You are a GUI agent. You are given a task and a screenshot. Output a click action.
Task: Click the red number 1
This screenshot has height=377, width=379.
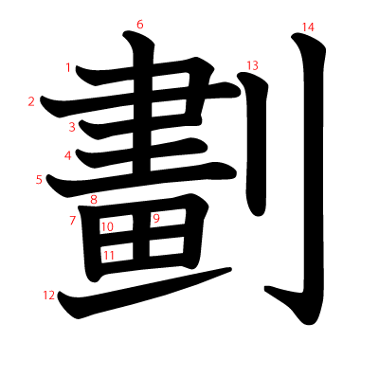tap(68, 67)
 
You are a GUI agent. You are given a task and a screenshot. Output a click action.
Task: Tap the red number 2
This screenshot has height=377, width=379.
tap(31, 101)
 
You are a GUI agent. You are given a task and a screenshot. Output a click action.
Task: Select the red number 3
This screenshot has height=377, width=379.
tap(72, 127)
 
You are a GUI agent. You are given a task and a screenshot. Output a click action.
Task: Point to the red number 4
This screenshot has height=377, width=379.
tap(68, 155)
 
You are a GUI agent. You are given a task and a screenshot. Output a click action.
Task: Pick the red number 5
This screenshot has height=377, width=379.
tap(39, 179)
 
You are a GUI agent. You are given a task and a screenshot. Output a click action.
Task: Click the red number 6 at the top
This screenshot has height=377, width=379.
tap(140, 24)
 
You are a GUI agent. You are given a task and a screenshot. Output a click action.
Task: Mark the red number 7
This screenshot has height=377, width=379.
tap(72, 221)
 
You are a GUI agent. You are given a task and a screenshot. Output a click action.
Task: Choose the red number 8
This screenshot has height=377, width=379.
tap(93, 199)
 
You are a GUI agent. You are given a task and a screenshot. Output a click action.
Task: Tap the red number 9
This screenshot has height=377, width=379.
tap(156, 219)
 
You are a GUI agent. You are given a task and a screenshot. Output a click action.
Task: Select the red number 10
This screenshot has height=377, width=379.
tap(107, 226)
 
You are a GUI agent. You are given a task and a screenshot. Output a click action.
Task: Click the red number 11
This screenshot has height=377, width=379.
tap(109, 255)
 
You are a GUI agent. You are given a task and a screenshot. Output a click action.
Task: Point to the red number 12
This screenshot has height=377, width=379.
tap(49, 296)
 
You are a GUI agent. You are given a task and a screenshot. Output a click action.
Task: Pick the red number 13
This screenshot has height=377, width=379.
tap(251, 65)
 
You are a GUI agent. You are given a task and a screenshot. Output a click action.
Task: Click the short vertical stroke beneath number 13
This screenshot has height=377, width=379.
tap(254, 152)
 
